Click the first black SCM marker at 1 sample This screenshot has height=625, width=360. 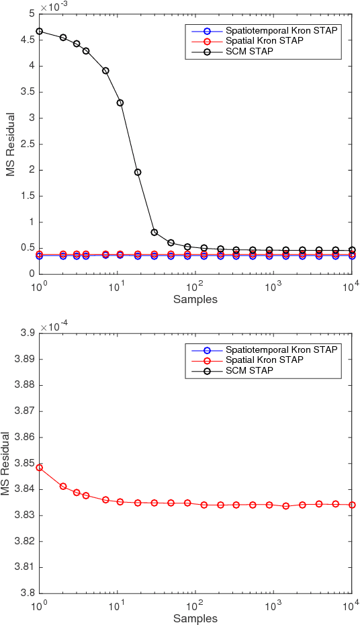coord(39,31)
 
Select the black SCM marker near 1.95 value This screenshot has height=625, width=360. coord(138,172)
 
